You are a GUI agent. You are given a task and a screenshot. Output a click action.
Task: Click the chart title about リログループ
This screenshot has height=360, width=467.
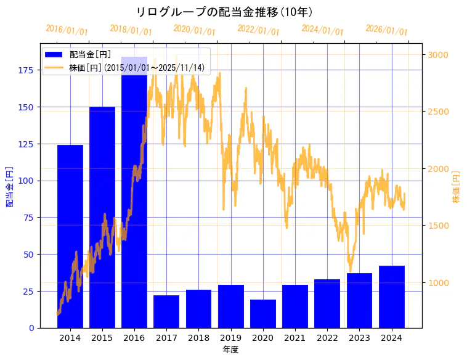[224, 12]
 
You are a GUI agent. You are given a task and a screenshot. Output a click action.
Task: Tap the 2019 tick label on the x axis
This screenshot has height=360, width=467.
[231, 338]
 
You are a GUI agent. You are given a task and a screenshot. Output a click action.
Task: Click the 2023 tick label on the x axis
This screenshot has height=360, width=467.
[359, 338]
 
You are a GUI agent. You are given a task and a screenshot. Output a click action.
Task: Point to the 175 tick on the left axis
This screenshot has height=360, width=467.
[25, 70]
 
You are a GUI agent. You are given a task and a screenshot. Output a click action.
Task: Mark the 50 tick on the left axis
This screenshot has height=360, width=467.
[28, 255]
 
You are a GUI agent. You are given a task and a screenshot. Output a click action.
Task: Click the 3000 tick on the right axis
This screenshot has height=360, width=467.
[439, 55]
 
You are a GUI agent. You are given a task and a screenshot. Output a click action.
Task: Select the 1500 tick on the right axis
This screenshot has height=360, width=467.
[439, 226]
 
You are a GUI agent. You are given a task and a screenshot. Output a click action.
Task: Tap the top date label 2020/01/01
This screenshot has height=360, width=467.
[194, 30]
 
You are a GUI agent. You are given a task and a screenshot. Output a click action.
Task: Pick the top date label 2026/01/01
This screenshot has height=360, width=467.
[386, 30]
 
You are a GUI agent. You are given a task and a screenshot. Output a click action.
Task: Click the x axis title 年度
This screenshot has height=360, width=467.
[230, 350]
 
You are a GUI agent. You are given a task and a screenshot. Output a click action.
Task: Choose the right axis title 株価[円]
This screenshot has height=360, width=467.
[457, 187]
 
